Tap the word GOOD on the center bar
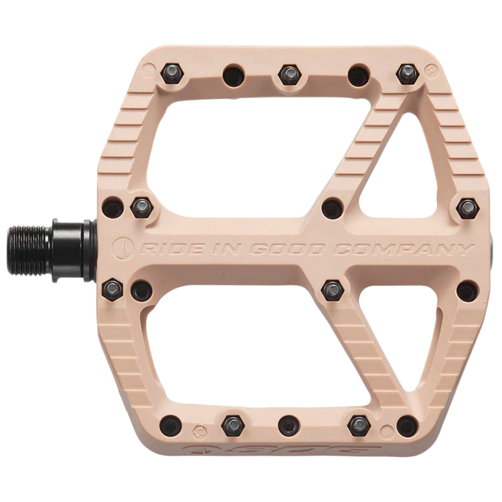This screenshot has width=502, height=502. (x=287, y=249)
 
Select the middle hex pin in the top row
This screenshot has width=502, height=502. (x=289, y=74)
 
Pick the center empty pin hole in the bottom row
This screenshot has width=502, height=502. (x=289, y=425)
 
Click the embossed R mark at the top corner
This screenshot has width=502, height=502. (x=430, y=67)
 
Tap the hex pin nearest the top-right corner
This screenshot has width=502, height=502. (x=407, y=74)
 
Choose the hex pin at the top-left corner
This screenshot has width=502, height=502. (x=171, y=74)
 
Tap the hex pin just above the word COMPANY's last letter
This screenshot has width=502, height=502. (x=467, y=208)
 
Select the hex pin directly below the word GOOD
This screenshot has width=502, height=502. (x=332, y=290)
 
